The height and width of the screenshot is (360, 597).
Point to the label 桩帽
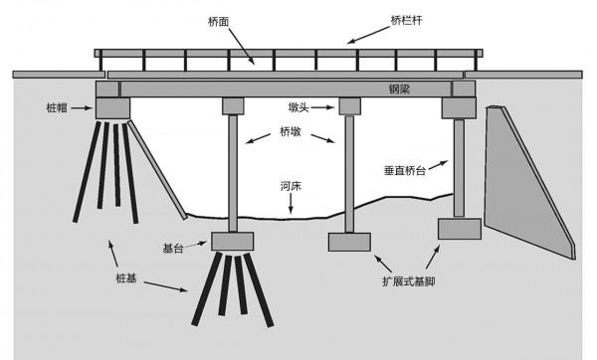click(59, 105)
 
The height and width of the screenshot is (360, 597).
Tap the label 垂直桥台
click(407, 170)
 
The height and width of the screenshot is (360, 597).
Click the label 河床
click(290, 185)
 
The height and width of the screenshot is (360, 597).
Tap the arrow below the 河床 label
click(290, 203)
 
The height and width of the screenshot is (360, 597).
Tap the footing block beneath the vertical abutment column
click(459, 229)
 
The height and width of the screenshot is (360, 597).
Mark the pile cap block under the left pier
click(233, 241)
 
